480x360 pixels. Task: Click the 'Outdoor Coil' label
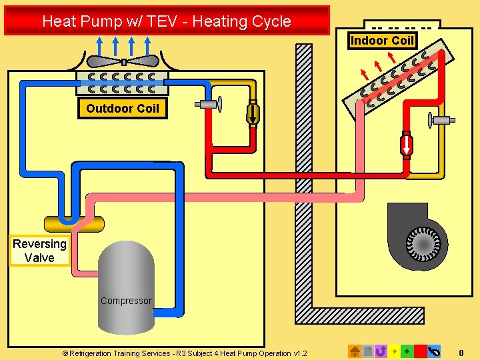[123, 108]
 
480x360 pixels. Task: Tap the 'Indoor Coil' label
[382, 41]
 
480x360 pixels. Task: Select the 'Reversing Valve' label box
[39, 251]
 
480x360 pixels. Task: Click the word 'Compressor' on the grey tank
[126, 301]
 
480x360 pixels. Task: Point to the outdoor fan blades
[123, 61]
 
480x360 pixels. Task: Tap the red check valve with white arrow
[406, 145]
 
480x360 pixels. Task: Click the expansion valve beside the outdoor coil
[209, 104]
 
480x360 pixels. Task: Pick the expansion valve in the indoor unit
[441, 121]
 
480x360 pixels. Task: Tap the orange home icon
[355, 351]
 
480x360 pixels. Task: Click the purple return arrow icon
[381, 351]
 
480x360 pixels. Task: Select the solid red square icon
[420, 351]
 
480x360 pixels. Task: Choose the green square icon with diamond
[407, 351]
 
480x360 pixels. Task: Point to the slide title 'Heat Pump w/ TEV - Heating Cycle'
[167, 21]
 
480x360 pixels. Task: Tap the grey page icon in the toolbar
[368, 351]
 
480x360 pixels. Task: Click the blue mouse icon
[435, 351]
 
